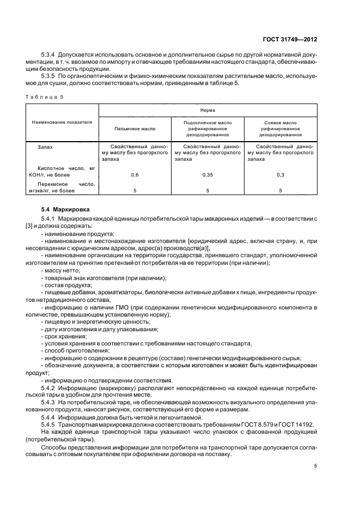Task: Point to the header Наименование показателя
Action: coord(62,123)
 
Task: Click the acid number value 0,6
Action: coord(135,175)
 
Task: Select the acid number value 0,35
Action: coord(208,175)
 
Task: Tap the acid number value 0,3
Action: coord(280,175)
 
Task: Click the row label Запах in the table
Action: coord(45,147)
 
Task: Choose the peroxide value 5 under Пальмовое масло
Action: coord(135,191)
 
